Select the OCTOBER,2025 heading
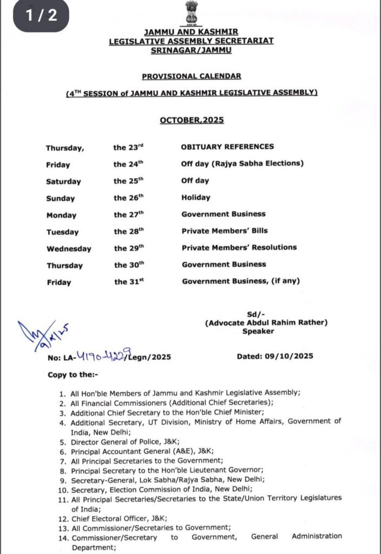tap(192, 120)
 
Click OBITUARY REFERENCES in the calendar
tap(227, 147)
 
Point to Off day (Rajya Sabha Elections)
tap(242, 163)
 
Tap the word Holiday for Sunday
tap(196, 197)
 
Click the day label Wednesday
tap(68, 249)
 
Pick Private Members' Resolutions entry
tap(239, 247)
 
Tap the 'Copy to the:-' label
tap(71, 374)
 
